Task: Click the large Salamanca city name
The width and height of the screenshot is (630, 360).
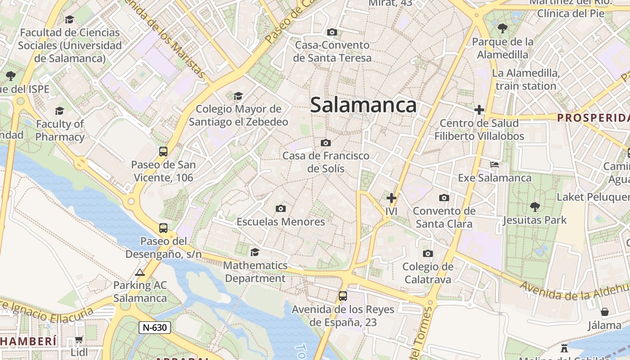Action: click(x=363, y=105)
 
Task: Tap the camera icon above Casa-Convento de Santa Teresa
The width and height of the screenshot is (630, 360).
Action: click(x=332, y=32)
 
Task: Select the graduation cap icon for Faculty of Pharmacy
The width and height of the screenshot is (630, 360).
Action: click(x=59, y=111)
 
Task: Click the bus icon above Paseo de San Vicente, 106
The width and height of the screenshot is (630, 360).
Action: click(x=163, y=152)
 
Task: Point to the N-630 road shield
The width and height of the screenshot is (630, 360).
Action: click(x=154, y=327)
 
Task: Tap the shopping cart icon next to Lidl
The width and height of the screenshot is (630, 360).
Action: click(x=79, y=339)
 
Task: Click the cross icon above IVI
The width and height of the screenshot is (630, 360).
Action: click(x=391, y=198)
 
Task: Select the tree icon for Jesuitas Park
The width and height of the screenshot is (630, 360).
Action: click(x=535, y=207)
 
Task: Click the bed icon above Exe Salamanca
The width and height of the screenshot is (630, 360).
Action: click(x=495, y=165)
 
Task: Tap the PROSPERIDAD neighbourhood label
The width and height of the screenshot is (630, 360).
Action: click(x=593, y=118)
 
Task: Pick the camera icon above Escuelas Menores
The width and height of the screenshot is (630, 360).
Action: click(x=281, y=208)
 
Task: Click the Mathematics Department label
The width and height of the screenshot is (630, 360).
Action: click(x=255, y=272)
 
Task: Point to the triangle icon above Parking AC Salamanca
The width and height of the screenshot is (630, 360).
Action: click(x=140, y=272)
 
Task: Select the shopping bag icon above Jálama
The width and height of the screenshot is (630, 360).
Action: click(x=605, y=312)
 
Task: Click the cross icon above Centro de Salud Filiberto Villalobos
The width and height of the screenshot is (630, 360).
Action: click(x=479, y=110)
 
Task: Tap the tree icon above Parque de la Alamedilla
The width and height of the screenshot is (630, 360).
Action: click(x=503, y=28)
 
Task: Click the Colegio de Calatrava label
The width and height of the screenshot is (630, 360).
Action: click(x=427, y=273)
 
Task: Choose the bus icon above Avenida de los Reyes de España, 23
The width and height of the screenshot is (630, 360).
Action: click(x=343, y=296)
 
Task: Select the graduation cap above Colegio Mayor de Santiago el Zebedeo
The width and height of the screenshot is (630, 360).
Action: click(x=238, y=96)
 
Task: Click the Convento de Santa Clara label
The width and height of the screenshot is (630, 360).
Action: click(x=444, y=217)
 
